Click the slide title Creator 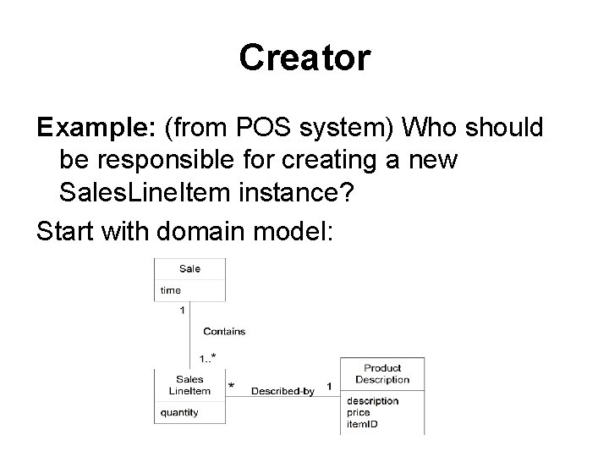[304, 58]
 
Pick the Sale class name [189, 268]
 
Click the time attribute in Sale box [170, 290]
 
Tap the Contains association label [223, 332]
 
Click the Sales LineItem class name [189, 385]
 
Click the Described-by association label [283, 390]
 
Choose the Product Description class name [382, 374]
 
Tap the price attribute [358, 412]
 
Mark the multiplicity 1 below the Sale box [183, 311]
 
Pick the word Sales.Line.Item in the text [139, 191]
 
